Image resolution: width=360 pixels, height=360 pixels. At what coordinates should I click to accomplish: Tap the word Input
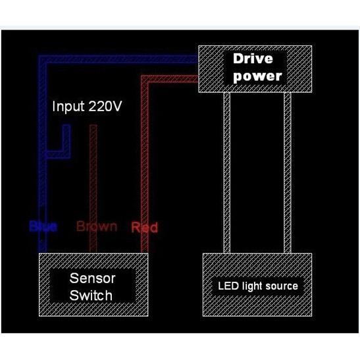point(68,107)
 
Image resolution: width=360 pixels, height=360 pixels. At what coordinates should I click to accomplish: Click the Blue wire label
point(43,227)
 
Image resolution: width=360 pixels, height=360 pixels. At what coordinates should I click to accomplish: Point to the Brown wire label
point(97,226)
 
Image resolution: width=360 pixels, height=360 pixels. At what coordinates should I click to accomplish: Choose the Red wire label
point(145,228)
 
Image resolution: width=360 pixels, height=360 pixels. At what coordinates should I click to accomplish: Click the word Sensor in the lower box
point(91,278)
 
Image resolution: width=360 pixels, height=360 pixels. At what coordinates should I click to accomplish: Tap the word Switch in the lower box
point(91,295)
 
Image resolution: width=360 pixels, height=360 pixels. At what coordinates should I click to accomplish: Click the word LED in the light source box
point(226,286)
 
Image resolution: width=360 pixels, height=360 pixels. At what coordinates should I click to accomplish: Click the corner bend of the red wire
point(145,80)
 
